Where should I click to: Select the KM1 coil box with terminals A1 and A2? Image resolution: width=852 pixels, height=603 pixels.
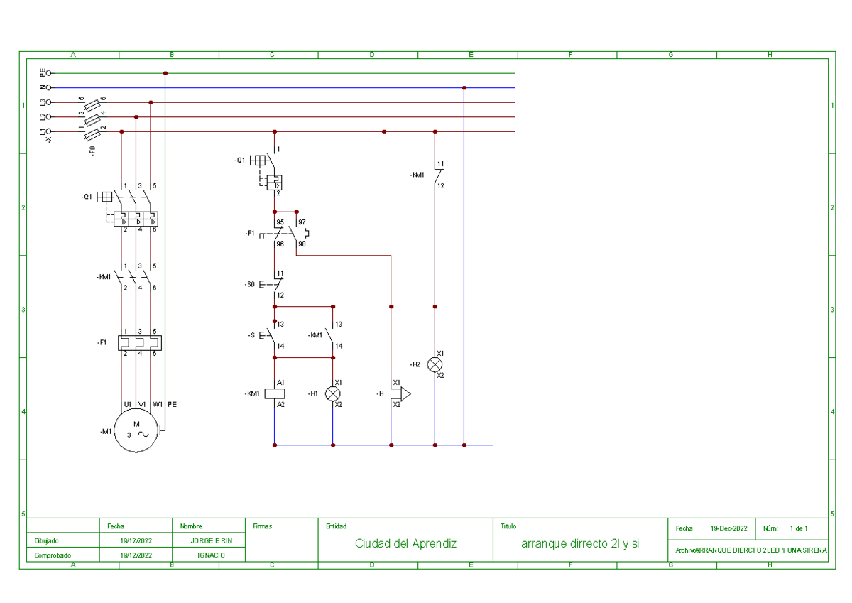[275, 393]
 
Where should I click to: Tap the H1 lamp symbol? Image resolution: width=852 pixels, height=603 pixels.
[332, 393]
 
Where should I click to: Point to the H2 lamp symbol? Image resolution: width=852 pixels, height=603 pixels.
[435, 364]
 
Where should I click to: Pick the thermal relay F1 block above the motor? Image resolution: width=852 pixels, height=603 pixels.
[139, 342]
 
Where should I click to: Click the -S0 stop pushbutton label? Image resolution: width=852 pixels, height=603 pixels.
[249, 284]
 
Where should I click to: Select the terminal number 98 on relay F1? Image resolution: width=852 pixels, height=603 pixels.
[301, 244]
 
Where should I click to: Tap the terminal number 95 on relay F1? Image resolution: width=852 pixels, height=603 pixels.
[280, 222]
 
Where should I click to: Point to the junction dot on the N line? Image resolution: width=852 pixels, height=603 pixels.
[464, 88]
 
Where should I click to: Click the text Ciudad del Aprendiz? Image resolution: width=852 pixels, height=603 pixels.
[405, 543]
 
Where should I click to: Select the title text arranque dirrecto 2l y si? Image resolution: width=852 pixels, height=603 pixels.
[580, 543]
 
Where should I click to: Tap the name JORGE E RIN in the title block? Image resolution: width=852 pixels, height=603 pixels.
[212, 540]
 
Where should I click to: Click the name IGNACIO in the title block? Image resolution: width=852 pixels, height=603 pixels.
[212, 555]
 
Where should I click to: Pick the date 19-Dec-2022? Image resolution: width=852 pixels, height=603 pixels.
[728, 528]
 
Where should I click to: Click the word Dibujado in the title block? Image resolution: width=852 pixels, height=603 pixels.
[47, 540]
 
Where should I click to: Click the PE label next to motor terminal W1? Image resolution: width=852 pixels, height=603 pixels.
[172, 404]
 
